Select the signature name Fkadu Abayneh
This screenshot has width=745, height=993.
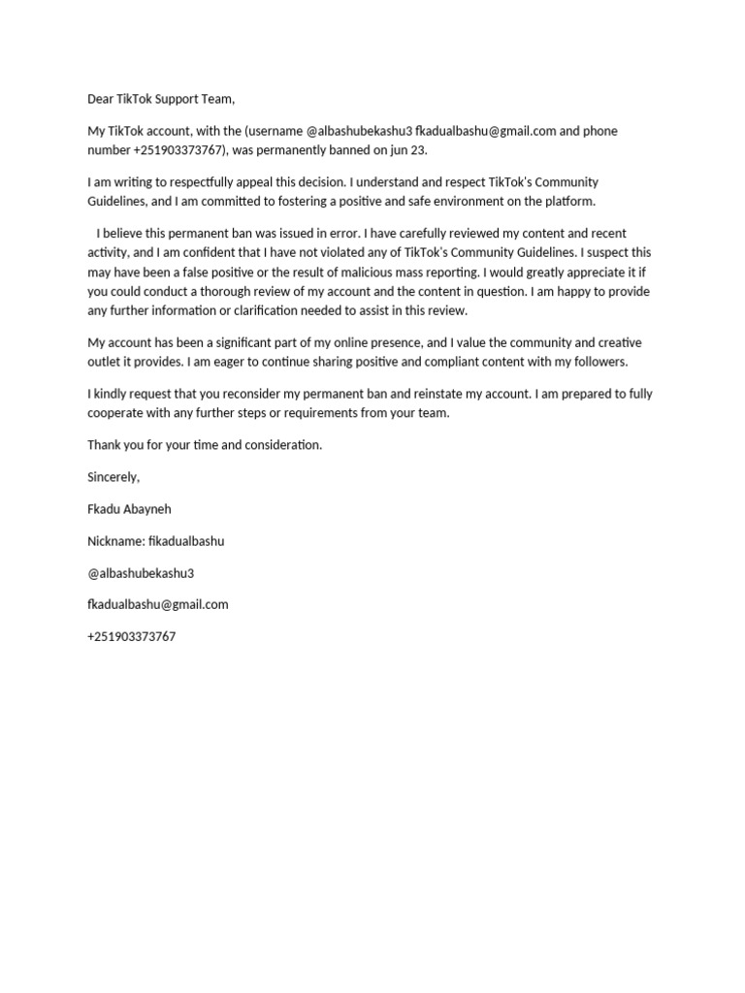pyautogui.click(x=129, y=509)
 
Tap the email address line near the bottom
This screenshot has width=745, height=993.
pyautogui.click(x=158, y=604)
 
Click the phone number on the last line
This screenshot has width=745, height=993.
pyautogui.click(x=132, y=636)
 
